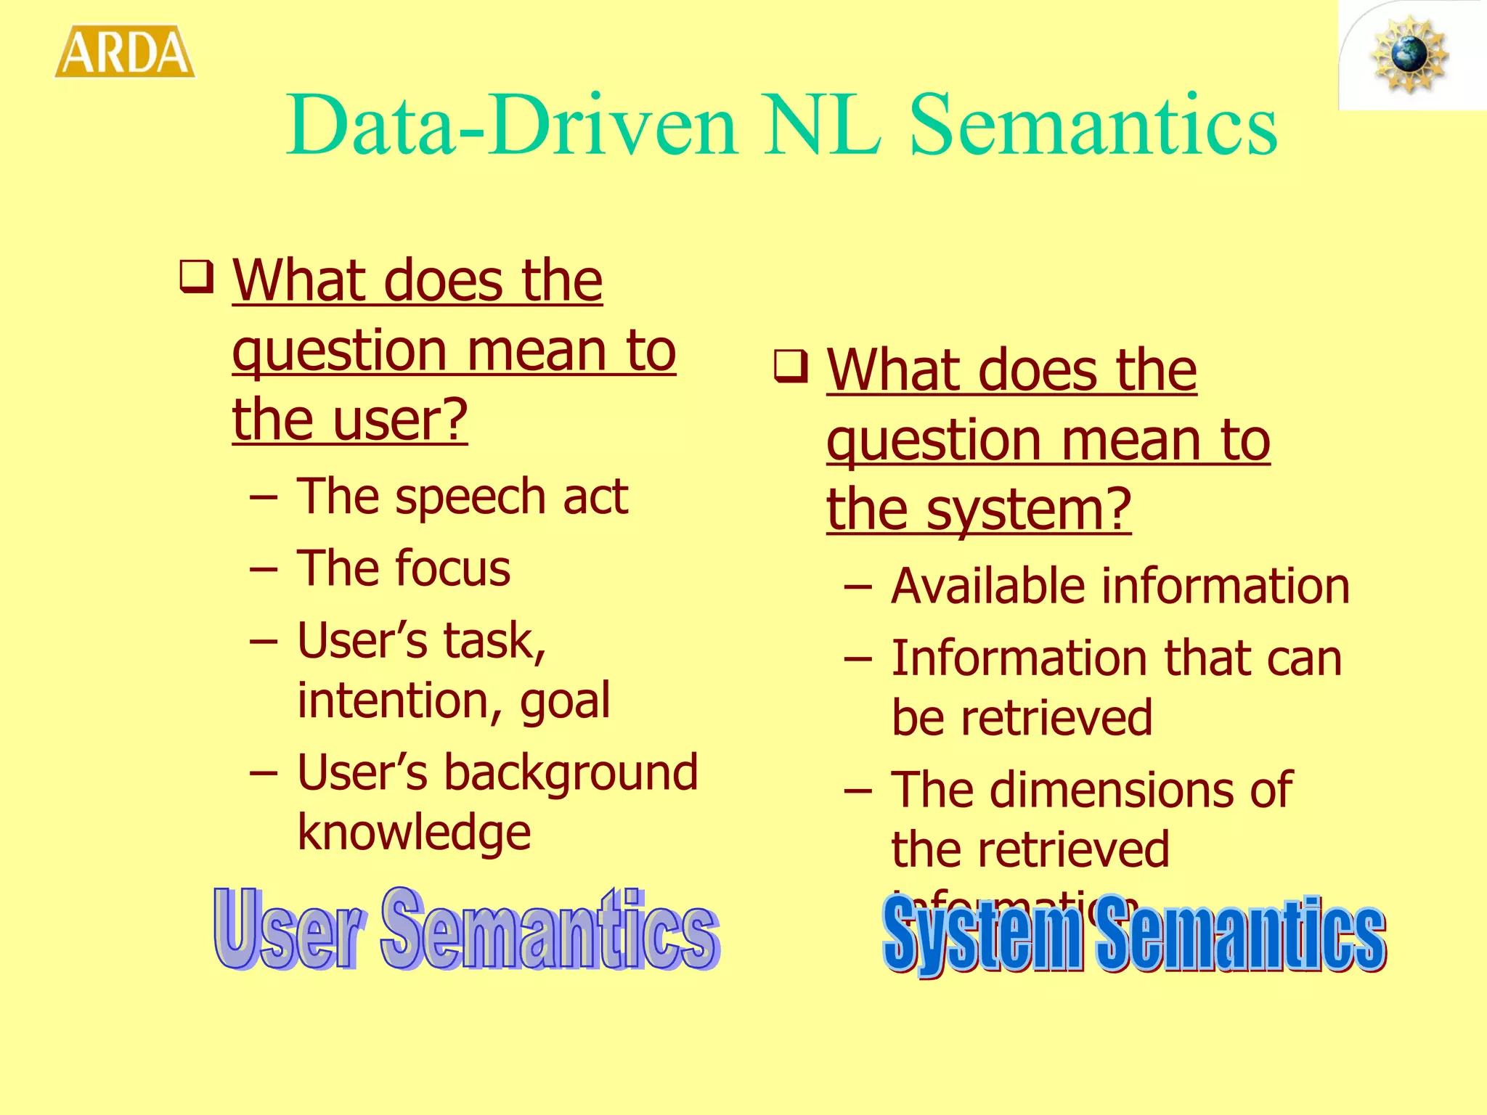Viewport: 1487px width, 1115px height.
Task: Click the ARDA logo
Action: click(x=125, y=52)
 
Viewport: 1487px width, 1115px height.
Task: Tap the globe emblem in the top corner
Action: click(x=1409, y=55)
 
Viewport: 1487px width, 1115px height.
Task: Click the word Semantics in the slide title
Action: click(x=1093, y=126)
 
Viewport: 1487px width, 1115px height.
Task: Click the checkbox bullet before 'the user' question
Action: click(x=197, y=277)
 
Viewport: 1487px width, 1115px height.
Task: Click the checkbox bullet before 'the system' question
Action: click(x=791, y=366)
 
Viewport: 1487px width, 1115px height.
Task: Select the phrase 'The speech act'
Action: click(x=462, y=497)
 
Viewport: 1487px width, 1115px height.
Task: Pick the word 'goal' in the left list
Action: click(x=565, y=701)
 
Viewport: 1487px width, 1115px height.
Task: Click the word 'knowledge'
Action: click(x=414, y=833)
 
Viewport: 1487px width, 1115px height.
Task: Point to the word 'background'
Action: click(x=571, y=772)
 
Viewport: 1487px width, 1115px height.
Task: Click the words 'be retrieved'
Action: click(x=1022, y=719)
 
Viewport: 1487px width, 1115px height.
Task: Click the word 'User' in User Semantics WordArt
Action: click(x=288, y=931)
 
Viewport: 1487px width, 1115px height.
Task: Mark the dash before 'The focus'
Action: click(x=263, y=570)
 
